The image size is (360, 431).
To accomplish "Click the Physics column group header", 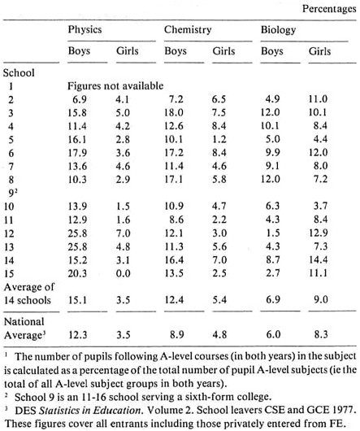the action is [x=85, y=30].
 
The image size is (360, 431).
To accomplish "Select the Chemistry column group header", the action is [x=188, y=30].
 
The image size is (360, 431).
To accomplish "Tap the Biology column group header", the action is [x=278, y=30].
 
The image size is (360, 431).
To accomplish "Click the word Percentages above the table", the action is [x=329, y=9].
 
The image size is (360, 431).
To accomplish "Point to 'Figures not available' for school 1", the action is [x=115, y=86].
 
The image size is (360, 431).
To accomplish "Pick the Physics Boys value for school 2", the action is [x=80, y=99].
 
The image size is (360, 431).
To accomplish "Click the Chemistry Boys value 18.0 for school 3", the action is [x=174, y=113].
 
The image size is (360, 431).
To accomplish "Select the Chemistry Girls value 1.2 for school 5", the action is [x=219, y=139].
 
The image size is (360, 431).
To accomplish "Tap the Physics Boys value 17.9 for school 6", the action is [x=77, y=153].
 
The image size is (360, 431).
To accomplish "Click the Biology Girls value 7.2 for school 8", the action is [x=320, y=180].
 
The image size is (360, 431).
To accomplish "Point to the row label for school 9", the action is [x=12, y=193].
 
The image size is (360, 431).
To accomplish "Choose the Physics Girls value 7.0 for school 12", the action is [x=123, y=233].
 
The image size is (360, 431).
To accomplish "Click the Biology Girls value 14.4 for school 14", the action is [x=319, y=259].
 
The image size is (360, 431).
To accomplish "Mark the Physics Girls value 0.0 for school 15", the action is [x=123, y=273].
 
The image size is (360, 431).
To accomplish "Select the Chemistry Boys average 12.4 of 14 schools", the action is [x=174, y=299].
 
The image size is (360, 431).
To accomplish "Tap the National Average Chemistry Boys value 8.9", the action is [x=176, y=335].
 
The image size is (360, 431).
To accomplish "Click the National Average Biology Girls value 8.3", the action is [x=321, y=335].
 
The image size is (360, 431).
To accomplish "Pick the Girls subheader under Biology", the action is [x=319, y=51].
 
